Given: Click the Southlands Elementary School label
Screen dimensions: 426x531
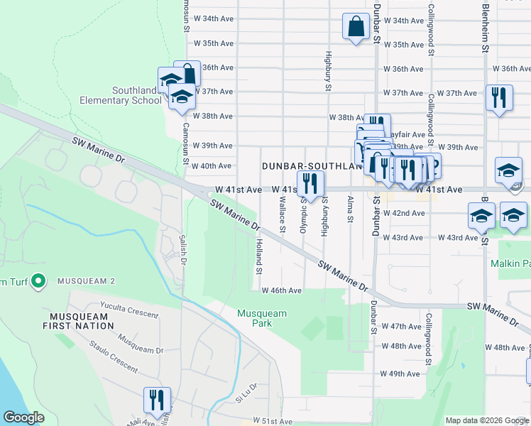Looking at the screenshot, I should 136,95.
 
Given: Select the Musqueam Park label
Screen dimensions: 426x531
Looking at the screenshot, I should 262,318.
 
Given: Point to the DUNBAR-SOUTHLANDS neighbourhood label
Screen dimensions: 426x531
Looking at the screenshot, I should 307,165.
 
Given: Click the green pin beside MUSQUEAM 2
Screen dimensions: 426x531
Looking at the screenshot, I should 38,282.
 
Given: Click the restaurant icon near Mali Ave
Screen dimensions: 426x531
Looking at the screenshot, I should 157,400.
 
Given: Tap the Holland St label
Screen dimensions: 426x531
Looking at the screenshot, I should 259,256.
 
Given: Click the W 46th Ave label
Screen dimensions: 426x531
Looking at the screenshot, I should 282,290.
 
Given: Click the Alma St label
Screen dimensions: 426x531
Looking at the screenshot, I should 350,213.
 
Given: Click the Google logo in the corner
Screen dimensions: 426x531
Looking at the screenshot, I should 23,417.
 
